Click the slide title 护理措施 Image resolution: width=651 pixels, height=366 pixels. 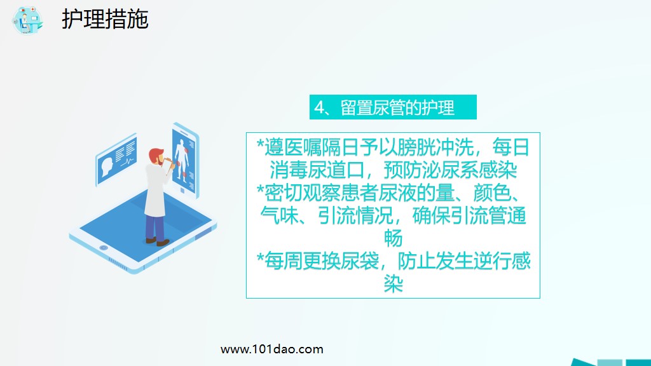click(105, 19)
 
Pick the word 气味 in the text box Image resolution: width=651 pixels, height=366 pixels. click(280, 216)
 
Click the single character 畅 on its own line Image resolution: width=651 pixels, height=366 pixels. click(394, 238)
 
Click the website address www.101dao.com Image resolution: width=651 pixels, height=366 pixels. click(271, 349)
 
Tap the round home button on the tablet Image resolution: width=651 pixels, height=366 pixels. click(104, 248)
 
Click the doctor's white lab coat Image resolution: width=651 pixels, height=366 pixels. click(154, 191)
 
